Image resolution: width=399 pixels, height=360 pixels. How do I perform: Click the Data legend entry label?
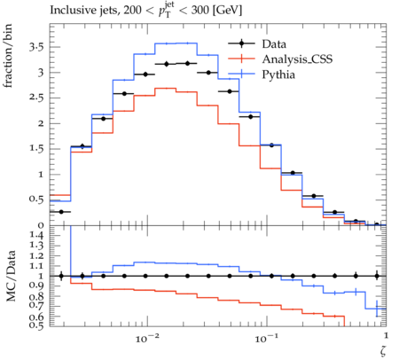(274, 44)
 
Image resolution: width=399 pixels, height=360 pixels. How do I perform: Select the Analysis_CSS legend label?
(297, 59)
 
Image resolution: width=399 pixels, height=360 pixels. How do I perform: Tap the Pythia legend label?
(278, 74)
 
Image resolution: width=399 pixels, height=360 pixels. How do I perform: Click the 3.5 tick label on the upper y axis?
(36, 47)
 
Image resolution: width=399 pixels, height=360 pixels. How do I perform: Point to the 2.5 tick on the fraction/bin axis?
(36, 98)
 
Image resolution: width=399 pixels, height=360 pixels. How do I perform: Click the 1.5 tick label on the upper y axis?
(36, 149)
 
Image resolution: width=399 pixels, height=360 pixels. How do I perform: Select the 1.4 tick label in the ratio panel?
(36, 236)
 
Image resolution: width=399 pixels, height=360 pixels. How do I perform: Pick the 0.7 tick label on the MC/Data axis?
(36, 307)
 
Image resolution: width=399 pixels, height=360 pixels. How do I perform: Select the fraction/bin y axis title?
(8, 56)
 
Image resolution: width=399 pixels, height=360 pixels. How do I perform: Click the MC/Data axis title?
(11, 276)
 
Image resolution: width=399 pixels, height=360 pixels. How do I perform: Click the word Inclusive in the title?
(70, 11)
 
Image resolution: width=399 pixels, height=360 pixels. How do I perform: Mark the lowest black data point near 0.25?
(61, 212)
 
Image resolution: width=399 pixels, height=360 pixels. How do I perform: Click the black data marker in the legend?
(241, 43)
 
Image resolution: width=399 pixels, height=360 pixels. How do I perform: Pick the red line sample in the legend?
(241, 59)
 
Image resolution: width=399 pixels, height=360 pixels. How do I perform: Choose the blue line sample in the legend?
(241, 74)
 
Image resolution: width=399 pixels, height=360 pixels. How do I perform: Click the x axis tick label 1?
(386, 336)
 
